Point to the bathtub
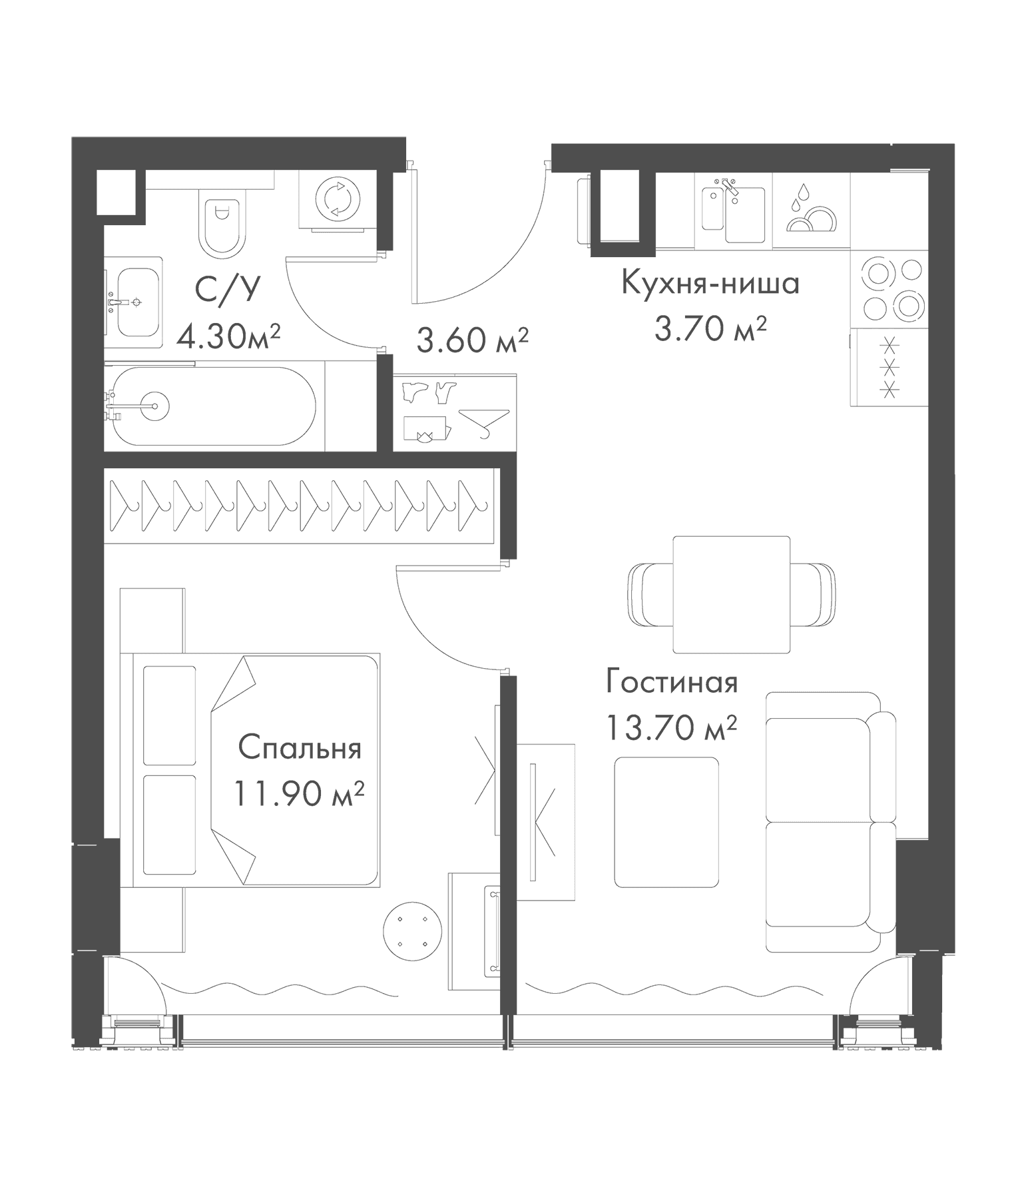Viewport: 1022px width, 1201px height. tap(213, 406)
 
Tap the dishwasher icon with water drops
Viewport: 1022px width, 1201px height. tap(812, 210)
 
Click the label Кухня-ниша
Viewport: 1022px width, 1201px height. tap(710, 284)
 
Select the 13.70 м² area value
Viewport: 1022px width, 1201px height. tap(671, 727)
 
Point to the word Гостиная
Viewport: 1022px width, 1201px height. tap(672, 683)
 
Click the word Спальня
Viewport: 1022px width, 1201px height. tap(300, 748)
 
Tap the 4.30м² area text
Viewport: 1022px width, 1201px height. tap(228, 337)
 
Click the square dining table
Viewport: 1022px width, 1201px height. tap(731, 594)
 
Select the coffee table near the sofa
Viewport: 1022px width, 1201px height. tap(666, 822)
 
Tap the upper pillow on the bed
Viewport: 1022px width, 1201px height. tap(170, 715)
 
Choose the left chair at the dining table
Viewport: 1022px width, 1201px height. tap(650, 594)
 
